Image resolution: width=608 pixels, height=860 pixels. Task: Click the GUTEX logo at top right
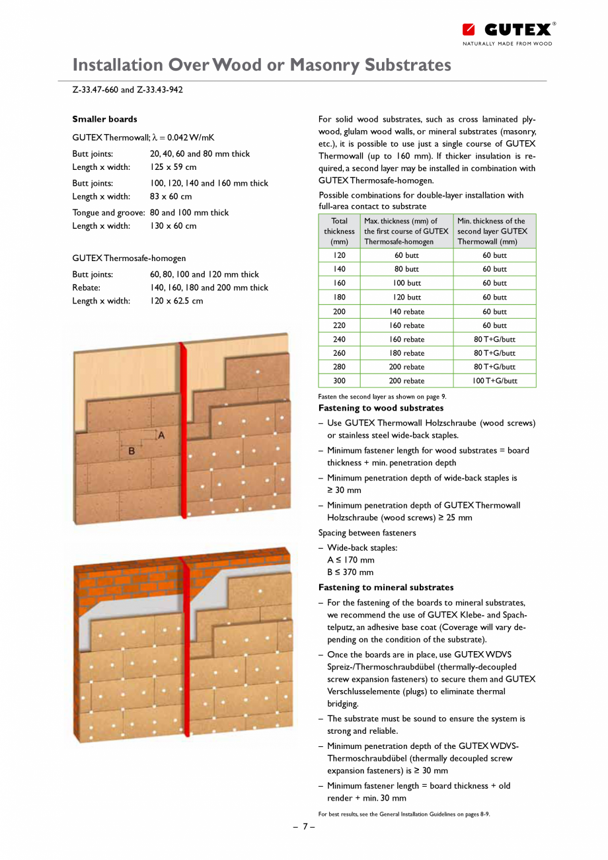click(x=508, y=30)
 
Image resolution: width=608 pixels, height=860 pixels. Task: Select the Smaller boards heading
click(x=104, y=119)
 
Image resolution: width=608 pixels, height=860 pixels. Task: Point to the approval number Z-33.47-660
click(x=95, y=90)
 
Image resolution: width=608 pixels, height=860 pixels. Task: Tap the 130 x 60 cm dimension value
click(x=172, y=226)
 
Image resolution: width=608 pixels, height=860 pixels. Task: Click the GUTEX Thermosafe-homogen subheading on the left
click(x=129, y=258)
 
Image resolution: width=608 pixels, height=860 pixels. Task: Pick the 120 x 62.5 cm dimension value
click(x=176, y=301)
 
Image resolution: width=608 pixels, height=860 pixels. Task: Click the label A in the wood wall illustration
click(x=161, y=435)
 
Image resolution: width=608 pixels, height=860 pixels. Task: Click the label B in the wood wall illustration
click(x=131, y=451)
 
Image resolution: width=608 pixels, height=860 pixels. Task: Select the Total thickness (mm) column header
click(x=339, y=231)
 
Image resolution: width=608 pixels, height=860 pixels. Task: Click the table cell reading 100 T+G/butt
click(x=494, y=381)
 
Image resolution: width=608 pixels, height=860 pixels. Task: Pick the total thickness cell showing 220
click(x=339, y=325)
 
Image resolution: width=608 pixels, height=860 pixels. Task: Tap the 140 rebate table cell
click(x=406, y=311)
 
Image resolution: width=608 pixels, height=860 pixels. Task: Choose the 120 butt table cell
click(x=406, y=297)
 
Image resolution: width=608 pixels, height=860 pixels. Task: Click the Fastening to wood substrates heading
click(x=381, y=409)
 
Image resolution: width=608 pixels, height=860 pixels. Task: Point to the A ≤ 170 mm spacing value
click(x=350, y=560)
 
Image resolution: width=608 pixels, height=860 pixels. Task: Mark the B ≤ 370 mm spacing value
click(x=350, y=572)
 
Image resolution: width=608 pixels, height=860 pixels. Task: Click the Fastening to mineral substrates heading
click(x=386, y=588)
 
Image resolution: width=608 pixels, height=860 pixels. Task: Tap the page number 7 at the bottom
click(x=304, y=826)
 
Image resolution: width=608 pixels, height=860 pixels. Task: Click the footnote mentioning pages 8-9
click(x=404, y=814)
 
